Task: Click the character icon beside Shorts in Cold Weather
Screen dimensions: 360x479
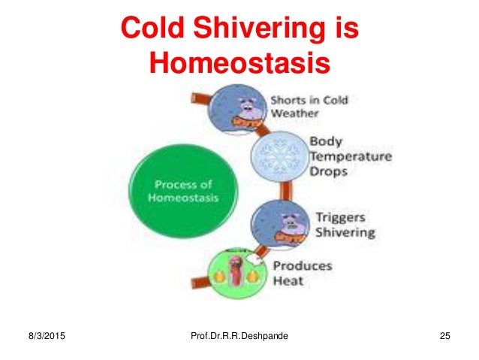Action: click(239, 108)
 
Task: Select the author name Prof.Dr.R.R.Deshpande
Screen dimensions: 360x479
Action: click(239, 335)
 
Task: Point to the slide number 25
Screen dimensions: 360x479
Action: click(443, 335)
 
